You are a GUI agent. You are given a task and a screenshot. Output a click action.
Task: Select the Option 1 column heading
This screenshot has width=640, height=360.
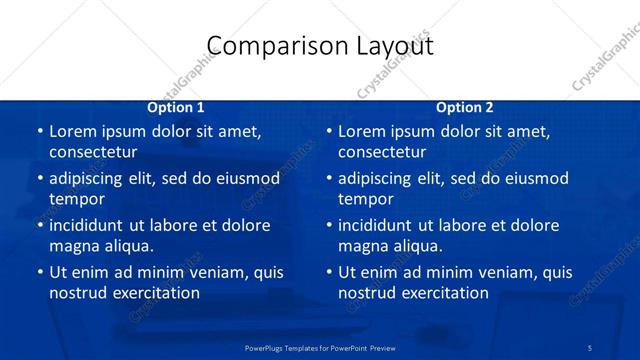click(176, 107)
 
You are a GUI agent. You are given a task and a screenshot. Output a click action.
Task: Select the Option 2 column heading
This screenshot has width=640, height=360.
click(465, 107)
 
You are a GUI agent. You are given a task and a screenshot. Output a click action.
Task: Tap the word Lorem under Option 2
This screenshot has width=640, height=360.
click(361, 131)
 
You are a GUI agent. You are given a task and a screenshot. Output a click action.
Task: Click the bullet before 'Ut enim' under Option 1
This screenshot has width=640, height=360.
click(39, 272)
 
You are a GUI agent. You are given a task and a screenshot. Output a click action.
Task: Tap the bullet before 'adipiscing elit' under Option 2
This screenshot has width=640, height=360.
click(328, 178)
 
